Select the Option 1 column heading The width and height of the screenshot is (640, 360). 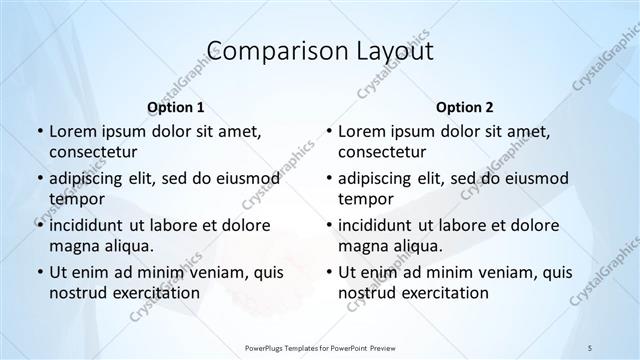coord(175,106)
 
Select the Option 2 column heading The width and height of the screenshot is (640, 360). coord(464,106)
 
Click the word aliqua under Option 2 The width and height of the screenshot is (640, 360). coord(417,245)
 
